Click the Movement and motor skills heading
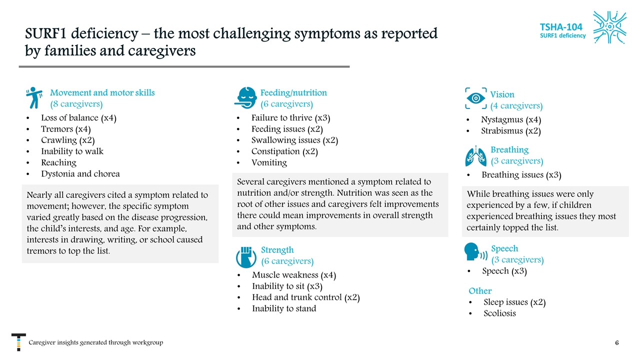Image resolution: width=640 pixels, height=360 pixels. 102,92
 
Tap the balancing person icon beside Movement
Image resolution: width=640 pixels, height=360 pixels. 34,97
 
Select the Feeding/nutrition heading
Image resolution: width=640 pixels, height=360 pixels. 293,92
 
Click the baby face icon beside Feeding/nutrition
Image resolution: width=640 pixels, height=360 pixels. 245,97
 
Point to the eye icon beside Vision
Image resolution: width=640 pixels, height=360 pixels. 475,98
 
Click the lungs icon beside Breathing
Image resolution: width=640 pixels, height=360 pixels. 475,155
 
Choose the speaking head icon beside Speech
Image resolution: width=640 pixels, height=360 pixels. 475,252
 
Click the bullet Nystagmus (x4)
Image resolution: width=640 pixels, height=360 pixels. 511,120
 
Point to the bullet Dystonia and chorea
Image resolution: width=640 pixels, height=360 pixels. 80,174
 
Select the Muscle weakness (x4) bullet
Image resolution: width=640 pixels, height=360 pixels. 294,275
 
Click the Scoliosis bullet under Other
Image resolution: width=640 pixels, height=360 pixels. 499,313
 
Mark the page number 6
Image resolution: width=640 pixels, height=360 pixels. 617,343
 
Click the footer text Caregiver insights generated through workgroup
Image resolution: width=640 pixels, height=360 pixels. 95,342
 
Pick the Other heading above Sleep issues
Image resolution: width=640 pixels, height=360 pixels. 480,291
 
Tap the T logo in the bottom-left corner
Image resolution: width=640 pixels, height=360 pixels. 18,342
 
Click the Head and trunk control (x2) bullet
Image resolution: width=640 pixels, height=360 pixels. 306,297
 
